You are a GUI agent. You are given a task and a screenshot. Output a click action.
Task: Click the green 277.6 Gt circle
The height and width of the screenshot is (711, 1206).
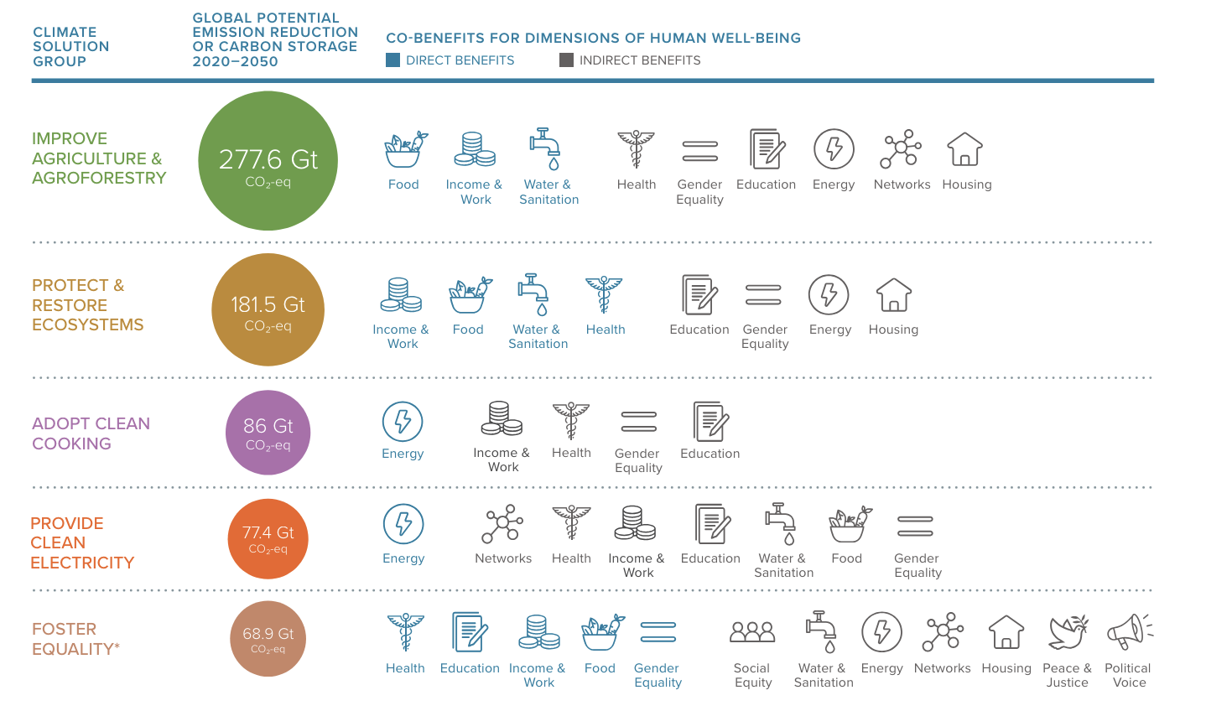pyautogui.click(x=268, y=161)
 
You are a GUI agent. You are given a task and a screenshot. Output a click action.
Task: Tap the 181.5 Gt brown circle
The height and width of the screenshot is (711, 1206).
pyautogui.click(x=268, y=309)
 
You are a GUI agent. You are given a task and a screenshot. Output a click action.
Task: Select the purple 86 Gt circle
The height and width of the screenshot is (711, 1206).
pyautogui.click(x=268, y=433)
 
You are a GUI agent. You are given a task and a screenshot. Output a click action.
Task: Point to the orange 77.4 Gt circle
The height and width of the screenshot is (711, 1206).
pyautogui.click(x=268, y=538)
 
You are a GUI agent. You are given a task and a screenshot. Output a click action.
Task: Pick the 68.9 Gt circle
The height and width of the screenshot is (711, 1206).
pyautogui.click(x=268, y=639)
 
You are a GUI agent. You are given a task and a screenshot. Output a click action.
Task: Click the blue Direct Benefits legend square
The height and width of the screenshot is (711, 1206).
pyautogui.click(x=392, y=60)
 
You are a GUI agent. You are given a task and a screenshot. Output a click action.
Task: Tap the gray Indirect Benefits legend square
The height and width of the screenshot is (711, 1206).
pyautogui.click(x=566, y=60)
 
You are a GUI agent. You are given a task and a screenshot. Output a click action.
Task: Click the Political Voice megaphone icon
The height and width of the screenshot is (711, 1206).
pyautogui.click(x=1128, y=631)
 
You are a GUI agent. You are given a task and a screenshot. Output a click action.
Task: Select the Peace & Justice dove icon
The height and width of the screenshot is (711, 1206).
pyautogui.click(x=1067, y=632)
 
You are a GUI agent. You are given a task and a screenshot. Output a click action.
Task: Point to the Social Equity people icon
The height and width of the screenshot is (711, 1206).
pyautogui.click(x=752, y=632)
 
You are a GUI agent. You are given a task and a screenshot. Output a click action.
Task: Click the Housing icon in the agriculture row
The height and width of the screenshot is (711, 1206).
pyautogui.click(x=964, y=149)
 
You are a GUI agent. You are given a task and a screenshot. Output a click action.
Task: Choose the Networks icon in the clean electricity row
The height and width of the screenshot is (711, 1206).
pyautogui.click(x=502, y=524)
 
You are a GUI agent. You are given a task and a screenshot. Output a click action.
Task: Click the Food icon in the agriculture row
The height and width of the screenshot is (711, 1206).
pyautogui.click(x=404, y=149)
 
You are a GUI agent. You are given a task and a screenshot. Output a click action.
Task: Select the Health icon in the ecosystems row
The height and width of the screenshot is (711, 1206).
pyautogui.click(x=604, y=295)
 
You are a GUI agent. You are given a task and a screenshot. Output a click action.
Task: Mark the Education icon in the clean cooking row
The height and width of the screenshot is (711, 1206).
pyautogui.click(x=710, y=421)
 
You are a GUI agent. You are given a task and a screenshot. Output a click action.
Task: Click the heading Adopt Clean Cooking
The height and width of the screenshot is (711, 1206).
pyautogui.click(x=91, y=433)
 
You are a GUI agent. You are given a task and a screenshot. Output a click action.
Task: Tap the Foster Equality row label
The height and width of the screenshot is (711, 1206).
pyautogui.click(x=75, y=639)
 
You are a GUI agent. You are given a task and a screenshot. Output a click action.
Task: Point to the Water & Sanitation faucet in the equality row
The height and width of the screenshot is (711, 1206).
pyautogui.click(x=821, y=631)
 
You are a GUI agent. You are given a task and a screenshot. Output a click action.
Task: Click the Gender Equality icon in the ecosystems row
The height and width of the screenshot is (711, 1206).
pyautogui.click(x=763, y=295)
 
